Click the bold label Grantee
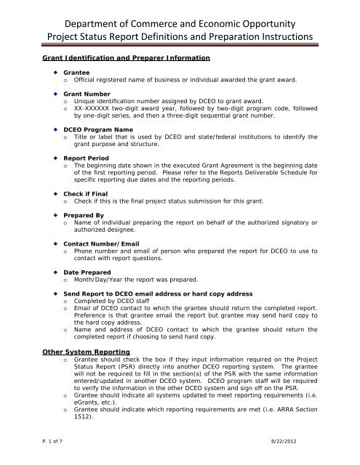click(x=76, y=73)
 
